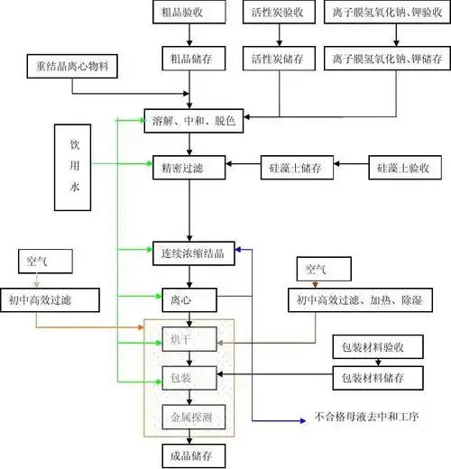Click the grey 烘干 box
coord(189,338)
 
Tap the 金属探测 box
coord(189,417)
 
